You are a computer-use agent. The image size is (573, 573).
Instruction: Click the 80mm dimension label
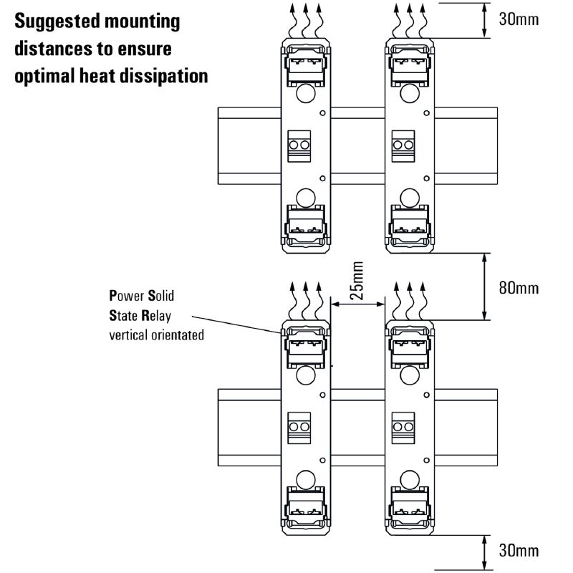click(x=518, y=288)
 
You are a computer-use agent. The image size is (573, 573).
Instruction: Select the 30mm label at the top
click(x=518, y=19)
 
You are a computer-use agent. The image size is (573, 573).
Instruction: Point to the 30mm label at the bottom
click(x=518, y=551)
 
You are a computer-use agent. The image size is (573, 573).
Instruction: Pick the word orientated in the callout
click(x=175, y=334)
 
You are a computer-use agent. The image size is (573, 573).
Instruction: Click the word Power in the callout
click(x=125, y=295)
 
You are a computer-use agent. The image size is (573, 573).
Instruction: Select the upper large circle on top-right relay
click(x=409, y=92)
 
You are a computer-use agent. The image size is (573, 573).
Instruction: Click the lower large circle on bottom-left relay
click(x=306, y=477)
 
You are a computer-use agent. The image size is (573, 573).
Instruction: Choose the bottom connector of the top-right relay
click(x=409, y=224)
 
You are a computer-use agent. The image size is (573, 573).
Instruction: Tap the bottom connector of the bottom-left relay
click(x=306, y=506)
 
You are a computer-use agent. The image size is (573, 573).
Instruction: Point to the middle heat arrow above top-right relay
click(x=410, y=19)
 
